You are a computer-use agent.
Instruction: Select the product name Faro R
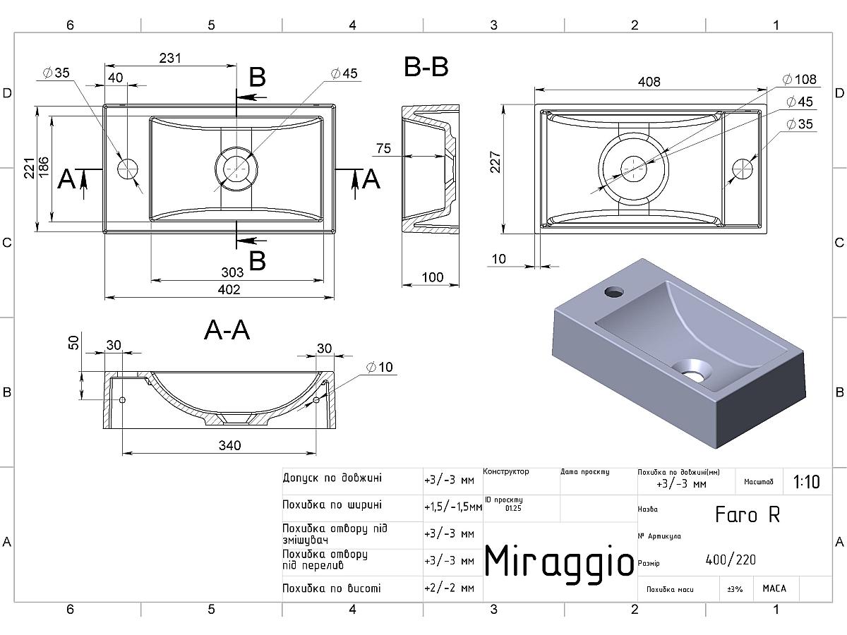coord(747,514)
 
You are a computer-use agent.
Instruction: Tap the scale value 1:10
coord(806,482)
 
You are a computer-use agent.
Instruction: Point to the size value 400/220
coord(731,560)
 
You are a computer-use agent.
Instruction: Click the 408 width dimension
coord(649,82)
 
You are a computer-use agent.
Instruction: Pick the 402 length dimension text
coord(229,289)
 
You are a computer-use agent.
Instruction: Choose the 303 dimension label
coord(232,272)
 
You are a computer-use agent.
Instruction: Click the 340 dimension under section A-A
coord(229,445)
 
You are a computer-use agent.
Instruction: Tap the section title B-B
coord(426,68)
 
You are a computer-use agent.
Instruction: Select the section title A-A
coord(227,330)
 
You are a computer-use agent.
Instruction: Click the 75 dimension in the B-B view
coord(383,148)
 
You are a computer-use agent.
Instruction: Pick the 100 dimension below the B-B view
coord(433,277)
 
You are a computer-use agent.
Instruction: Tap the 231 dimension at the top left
coord(170,59)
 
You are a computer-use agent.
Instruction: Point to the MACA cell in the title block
coord(774,588)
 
